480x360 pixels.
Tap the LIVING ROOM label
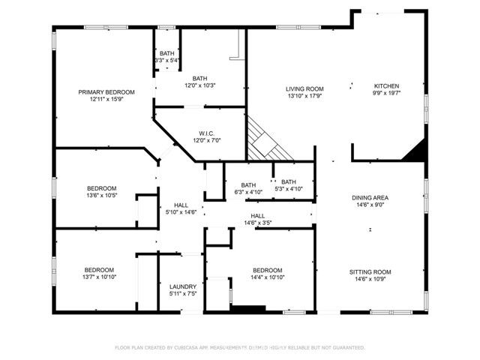click(x=304, y=88)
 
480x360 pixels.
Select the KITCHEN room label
click(x=386, y=85)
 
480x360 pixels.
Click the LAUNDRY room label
click(x=183, y=286)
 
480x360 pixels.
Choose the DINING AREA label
click(x=370, y=198)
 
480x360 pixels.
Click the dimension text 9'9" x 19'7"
click(x=386, y=94)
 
